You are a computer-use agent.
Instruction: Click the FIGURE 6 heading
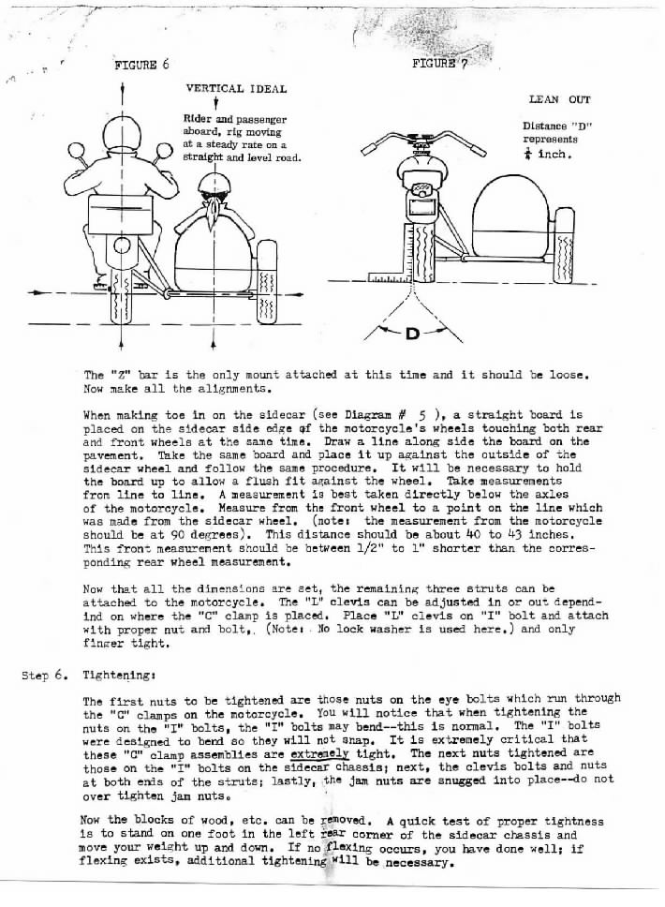(141, 65)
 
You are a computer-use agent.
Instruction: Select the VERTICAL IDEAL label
(236, 89)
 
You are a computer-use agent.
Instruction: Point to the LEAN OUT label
(560, 98)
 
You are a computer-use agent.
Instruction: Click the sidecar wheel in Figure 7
(565, 255)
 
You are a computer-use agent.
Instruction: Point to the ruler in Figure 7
(391, 277)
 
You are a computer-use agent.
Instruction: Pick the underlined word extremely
(315, 752)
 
